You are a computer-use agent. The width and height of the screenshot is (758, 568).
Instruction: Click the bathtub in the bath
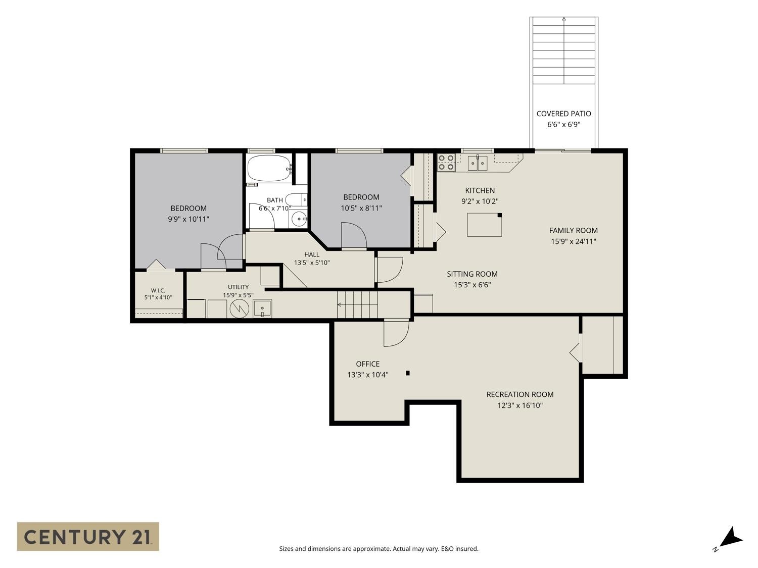tap(269, 168)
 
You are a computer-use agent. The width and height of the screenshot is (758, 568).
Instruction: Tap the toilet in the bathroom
tap(296, 200)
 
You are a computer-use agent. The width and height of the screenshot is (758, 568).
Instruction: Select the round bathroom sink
tap(299, 219)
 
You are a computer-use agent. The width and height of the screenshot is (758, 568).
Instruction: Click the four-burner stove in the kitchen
tap(446, 163)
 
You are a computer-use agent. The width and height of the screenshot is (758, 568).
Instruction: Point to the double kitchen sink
tap(478, 163)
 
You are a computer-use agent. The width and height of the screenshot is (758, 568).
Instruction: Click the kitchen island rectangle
tap(484, 225)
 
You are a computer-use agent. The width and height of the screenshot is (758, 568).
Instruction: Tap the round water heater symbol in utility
tap(240, 308)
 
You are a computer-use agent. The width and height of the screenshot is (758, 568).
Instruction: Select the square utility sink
tap(262, 308)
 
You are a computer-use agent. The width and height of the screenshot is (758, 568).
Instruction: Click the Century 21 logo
tap(88, 537)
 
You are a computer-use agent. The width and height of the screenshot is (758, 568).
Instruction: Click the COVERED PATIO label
tap(563, 114)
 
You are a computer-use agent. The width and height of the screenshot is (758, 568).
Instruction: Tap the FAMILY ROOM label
tap(573, 230)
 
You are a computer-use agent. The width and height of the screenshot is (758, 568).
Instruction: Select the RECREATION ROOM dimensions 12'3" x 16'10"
tap(519, 405)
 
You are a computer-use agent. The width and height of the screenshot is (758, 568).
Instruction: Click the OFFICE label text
tap(368, 364)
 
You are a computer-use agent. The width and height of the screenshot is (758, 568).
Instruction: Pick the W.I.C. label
tap(158, 290)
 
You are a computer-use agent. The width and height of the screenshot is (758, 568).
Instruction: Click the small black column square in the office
tap(407, 373)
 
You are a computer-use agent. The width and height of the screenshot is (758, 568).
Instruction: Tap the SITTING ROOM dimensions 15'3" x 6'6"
tap(472, 285)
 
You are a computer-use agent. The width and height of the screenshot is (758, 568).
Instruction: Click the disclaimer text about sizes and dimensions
tap(379, 549)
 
